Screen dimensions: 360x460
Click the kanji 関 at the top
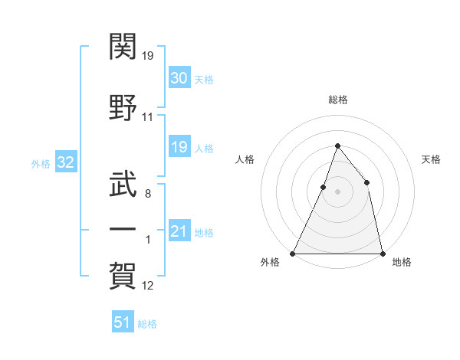coord(123,47)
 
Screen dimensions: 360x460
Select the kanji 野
coord(123,107)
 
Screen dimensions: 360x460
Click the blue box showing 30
coord(179,78)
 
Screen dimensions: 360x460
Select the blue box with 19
coord(179,147)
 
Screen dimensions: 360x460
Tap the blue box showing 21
coord(179,231)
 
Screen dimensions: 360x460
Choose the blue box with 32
coord(65,162)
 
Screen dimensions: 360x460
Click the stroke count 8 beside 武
coord(147,194)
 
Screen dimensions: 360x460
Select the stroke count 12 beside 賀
coord(147,286)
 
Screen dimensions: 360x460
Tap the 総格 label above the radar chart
coord(337,100)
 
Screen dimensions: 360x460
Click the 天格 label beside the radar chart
coord(432,159)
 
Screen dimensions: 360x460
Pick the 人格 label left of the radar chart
coord(245,159)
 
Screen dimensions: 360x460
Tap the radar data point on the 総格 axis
coord(337,146)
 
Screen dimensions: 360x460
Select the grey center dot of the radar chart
coord(337,192)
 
